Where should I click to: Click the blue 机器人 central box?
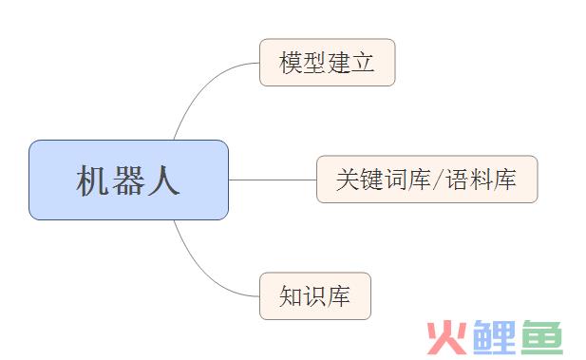[128, 180]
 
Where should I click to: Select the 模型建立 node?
[327, 63]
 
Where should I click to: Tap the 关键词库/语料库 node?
[426, 179]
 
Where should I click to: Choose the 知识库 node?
[314, 295]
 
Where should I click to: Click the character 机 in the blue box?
[93, 180]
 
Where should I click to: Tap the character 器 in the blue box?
[128, 180]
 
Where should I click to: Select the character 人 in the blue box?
[163, 180]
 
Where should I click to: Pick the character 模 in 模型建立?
[291, 64]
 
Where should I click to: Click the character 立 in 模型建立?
[363, 64]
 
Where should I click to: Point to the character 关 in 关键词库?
[347, 180]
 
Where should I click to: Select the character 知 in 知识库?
[291, 296]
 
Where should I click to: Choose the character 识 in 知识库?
[314, 296]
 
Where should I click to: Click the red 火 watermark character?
[445, 336]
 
